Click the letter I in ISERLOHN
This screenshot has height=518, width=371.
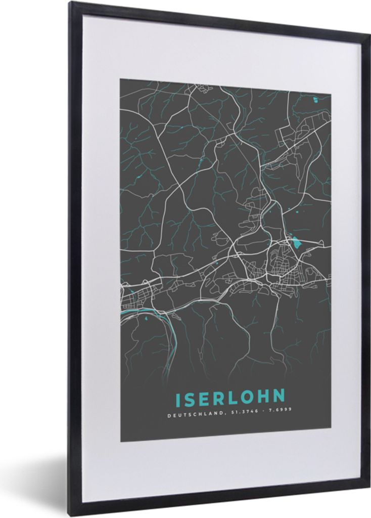pos(177,399)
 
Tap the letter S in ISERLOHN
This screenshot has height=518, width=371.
pos(190,399)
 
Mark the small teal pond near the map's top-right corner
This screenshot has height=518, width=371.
pos(315,99)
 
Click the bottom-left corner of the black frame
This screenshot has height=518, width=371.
pos(71,515)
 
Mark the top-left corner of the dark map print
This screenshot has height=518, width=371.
pos(120,79)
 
